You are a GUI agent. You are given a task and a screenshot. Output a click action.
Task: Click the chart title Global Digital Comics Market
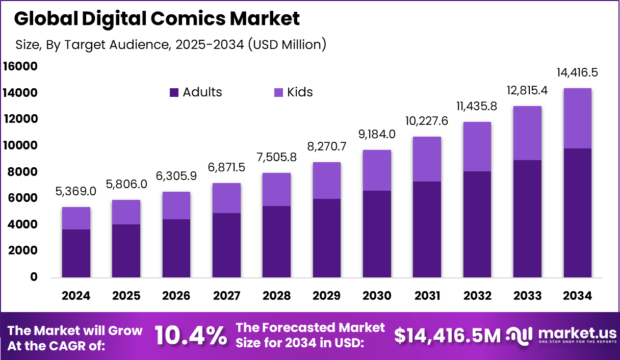point(157,19)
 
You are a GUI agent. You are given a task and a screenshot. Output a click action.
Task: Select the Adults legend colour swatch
point(174,92)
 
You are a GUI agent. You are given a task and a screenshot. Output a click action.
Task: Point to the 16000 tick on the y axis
point(20,66)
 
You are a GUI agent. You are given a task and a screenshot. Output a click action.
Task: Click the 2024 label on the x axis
point(76,296)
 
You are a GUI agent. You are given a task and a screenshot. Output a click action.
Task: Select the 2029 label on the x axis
point(326,296)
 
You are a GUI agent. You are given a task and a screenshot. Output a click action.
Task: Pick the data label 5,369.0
point(76,192)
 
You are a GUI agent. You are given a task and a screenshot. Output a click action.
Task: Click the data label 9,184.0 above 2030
point(377,135)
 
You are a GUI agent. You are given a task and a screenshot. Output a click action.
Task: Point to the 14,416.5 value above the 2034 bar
point(577,73)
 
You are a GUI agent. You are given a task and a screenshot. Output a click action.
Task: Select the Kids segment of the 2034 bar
point(577,118)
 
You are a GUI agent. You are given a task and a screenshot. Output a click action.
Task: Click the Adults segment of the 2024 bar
point(76,253)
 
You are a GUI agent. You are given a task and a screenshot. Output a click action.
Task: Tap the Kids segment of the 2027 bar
point(226,198)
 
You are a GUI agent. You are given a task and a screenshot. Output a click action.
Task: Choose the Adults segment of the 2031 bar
point(427,229)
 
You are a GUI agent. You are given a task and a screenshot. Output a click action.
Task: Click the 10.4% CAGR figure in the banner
point(191,336)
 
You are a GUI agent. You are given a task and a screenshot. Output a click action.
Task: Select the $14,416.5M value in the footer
point(447,336)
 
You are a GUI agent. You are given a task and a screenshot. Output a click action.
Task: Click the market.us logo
point(560,336)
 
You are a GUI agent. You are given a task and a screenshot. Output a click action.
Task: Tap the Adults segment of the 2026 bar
point(176,248)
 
